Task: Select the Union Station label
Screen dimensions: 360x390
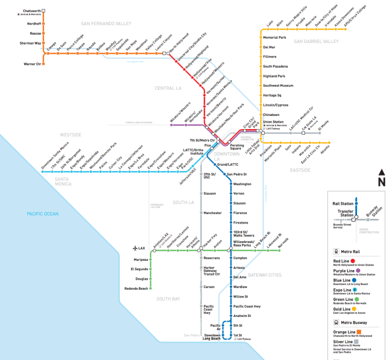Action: (273, 122)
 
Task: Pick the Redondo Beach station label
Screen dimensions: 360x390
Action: (136, 289)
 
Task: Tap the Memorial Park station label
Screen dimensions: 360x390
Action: (275, 38)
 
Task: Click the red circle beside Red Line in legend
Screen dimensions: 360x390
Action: (359, 260)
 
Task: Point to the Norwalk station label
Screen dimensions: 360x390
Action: (284, 242)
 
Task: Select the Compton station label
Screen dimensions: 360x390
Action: (240, 258)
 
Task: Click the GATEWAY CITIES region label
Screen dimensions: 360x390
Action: (265, 275)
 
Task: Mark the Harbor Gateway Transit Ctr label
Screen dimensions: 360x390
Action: (212, 271)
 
